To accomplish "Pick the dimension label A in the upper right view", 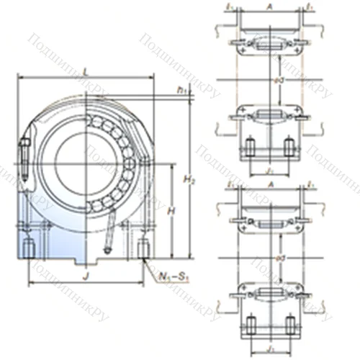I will pos(269,7).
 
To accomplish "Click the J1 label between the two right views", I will pos(269,171).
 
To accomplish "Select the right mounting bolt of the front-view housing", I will pos(141,248).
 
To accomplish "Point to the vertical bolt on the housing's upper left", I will pos(24,158).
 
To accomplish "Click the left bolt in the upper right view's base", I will pos(250,148).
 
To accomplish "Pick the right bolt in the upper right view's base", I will pos(289,148).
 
